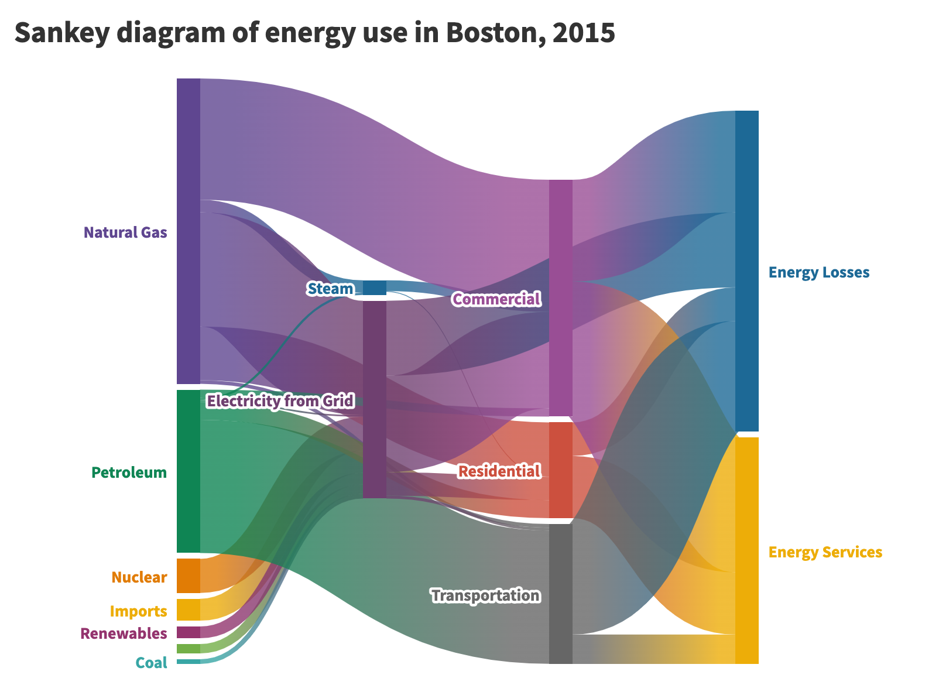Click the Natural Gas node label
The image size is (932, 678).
pos(125,232)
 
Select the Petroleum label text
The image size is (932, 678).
pos(129,472)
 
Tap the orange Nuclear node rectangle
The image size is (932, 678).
pos(188,576)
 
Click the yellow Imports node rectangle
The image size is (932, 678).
pos(188,609)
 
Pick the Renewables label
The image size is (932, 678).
pos(124,634)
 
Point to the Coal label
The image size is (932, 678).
pos(151,663)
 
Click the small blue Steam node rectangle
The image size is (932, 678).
pos(375,288)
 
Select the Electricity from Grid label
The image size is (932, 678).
pos(280,401)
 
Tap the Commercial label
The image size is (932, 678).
pos(496,299)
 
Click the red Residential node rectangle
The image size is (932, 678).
pos(560,470)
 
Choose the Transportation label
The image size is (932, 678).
pos(485,595)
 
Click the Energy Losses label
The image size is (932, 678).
pos(819,272)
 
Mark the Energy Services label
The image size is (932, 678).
pos(825,552)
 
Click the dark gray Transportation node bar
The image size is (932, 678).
pos(560,594)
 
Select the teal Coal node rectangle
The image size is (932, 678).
pos(188,662)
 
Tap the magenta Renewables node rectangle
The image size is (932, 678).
pos(188,632)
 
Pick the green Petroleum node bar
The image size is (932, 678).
pos(188,471)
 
